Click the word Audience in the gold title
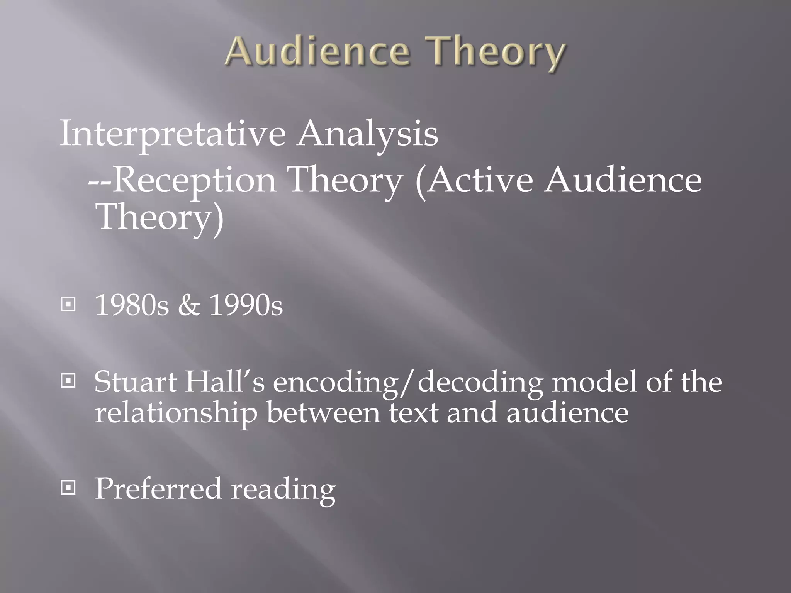[317, 53]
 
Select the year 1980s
[132, 305]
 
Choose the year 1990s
[246, 305]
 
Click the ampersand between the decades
[189, 305]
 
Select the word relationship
[176, 413]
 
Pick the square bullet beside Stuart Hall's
[68, 381]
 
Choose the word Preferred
[158, 488]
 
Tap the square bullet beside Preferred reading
[68, 488]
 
